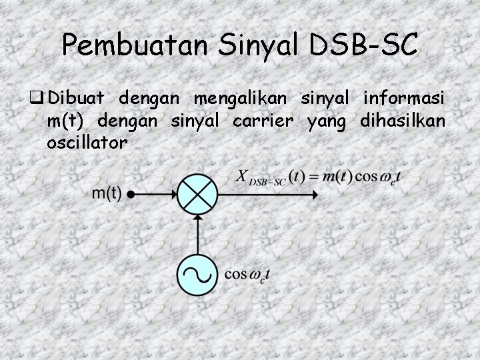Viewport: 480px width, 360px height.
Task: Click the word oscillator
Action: point(87,142)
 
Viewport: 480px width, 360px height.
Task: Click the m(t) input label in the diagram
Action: point(106,194)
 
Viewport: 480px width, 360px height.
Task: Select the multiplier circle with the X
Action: point(198,195)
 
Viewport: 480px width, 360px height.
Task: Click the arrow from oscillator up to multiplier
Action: point(198,234)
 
